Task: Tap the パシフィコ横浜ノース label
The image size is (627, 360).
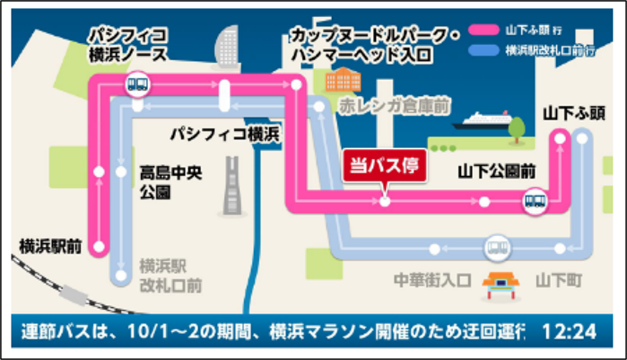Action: (x=129, y=44)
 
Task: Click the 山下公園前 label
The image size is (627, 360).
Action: (x=498, y=172)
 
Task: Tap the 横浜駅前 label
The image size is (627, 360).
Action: (x=50, y=245)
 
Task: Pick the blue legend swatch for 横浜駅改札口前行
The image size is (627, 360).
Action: (x=484, y=51)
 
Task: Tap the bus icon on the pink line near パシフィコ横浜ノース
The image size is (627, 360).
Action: (x=137, y=84)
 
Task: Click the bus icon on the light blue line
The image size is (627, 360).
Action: (x=496, y=249)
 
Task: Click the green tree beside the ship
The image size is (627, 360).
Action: (x=517, y=129)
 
